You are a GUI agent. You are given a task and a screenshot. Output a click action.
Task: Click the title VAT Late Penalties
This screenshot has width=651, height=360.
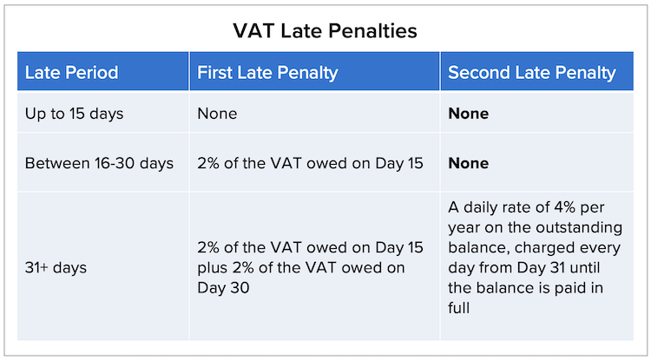325,31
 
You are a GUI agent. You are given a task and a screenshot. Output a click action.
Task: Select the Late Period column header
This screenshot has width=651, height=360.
71,73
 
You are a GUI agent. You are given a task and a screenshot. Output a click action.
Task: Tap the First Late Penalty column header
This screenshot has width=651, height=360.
267,73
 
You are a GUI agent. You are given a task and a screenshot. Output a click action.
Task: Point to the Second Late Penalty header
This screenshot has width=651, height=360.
532,73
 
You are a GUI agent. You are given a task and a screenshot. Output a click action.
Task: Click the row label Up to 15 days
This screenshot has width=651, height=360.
74,114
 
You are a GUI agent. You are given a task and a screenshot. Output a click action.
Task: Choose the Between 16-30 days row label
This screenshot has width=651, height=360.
99,163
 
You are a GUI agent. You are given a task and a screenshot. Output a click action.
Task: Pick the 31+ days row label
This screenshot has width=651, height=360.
56,267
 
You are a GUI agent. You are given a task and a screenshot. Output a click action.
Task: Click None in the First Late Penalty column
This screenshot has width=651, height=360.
217,114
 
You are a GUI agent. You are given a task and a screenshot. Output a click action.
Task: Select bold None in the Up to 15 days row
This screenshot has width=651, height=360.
469,114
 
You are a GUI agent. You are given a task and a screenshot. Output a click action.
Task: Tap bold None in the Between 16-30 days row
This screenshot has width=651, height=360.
469,163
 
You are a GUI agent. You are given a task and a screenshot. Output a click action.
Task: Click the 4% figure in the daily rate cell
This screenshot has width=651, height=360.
563,207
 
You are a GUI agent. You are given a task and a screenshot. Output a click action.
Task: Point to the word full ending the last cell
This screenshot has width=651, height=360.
459,308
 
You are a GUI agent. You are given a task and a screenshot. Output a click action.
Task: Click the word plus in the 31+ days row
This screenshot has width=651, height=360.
213,268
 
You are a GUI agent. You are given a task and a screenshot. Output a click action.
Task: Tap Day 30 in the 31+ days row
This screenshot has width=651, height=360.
223,288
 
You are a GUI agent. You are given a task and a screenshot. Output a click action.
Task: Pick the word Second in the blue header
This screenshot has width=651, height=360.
479,73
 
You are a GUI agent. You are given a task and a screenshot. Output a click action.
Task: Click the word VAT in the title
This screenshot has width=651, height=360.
253,31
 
